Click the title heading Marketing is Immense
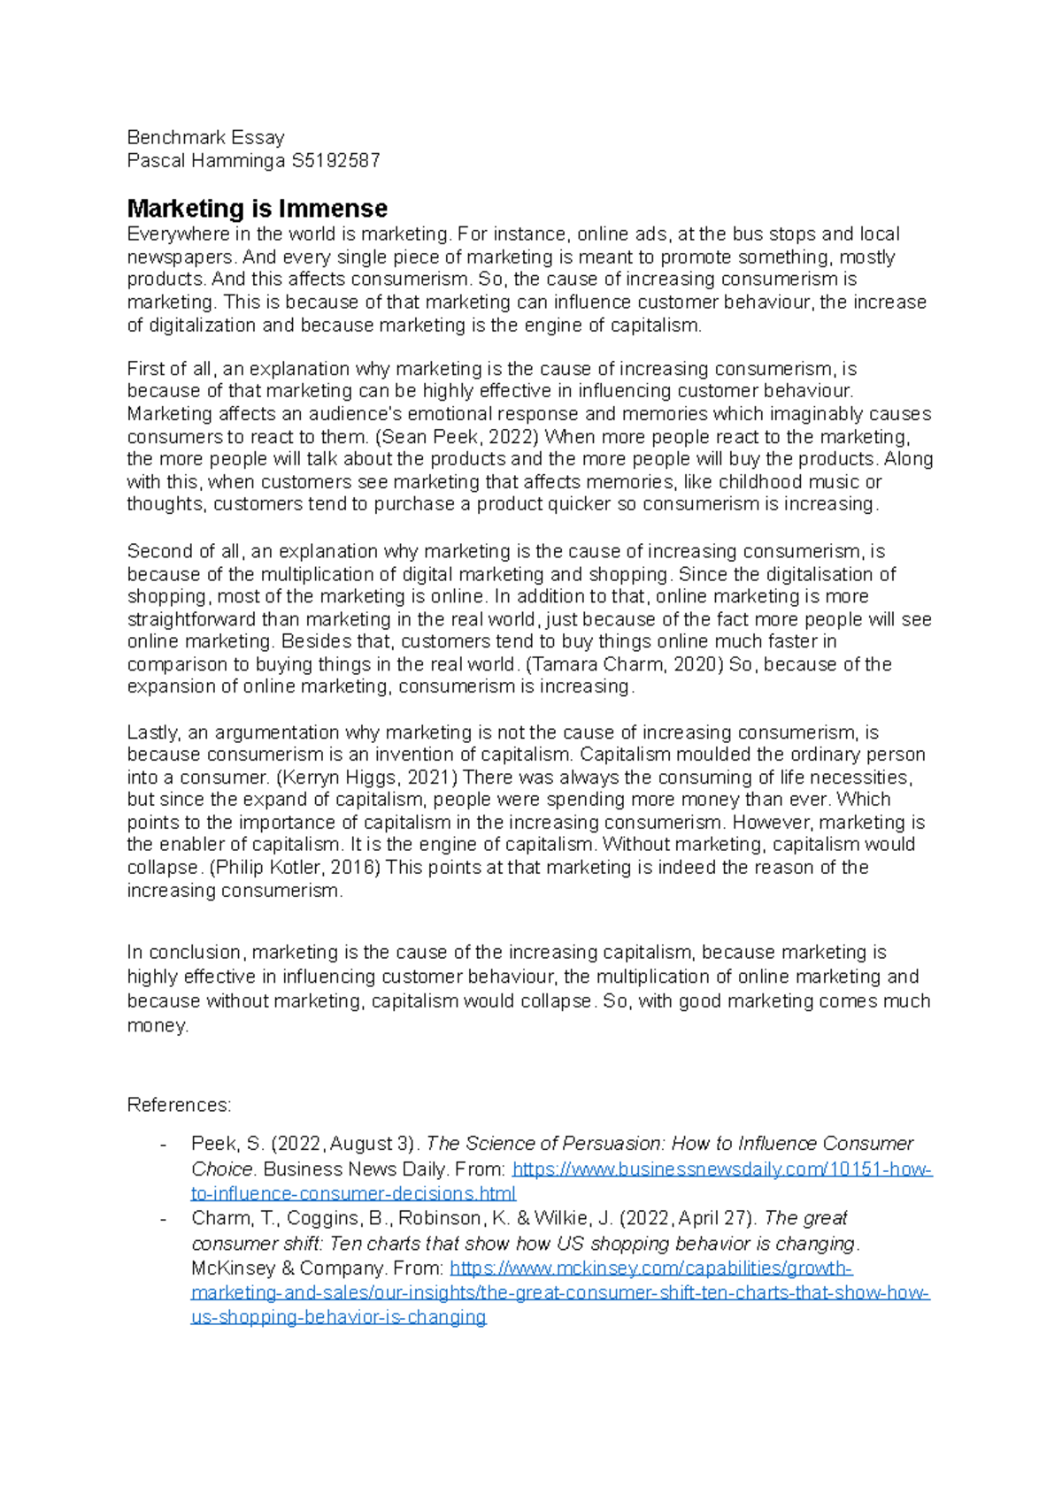pos(257,209)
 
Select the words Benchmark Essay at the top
pos(205,137)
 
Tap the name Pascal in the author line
pos(156,161)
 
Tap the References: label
pos(179,1105)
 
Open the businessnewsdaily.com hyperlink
pos(721,1169)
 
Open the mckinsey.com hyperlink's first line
pos(650,1268)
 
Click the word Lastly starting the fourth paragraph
pos(153,732)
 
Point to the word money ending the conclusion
pos(157,1026)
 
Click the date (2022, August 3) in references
pos(346,1144)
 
